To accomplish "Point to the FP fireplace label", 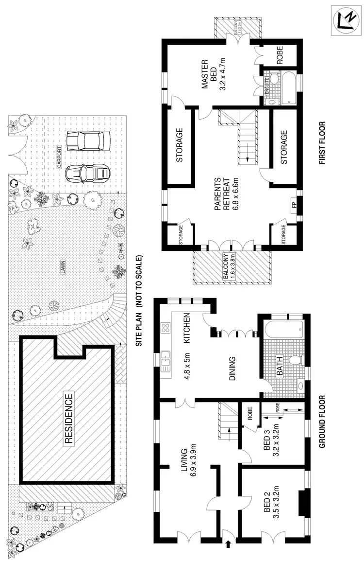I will [293, 204].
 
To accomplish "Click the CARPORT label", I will [60, 157].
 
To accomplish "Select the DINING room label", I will [232, 367].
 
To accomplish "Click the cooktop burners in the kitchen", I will [165, 328].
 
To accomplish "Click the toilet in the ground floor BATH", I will [294, 361].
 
